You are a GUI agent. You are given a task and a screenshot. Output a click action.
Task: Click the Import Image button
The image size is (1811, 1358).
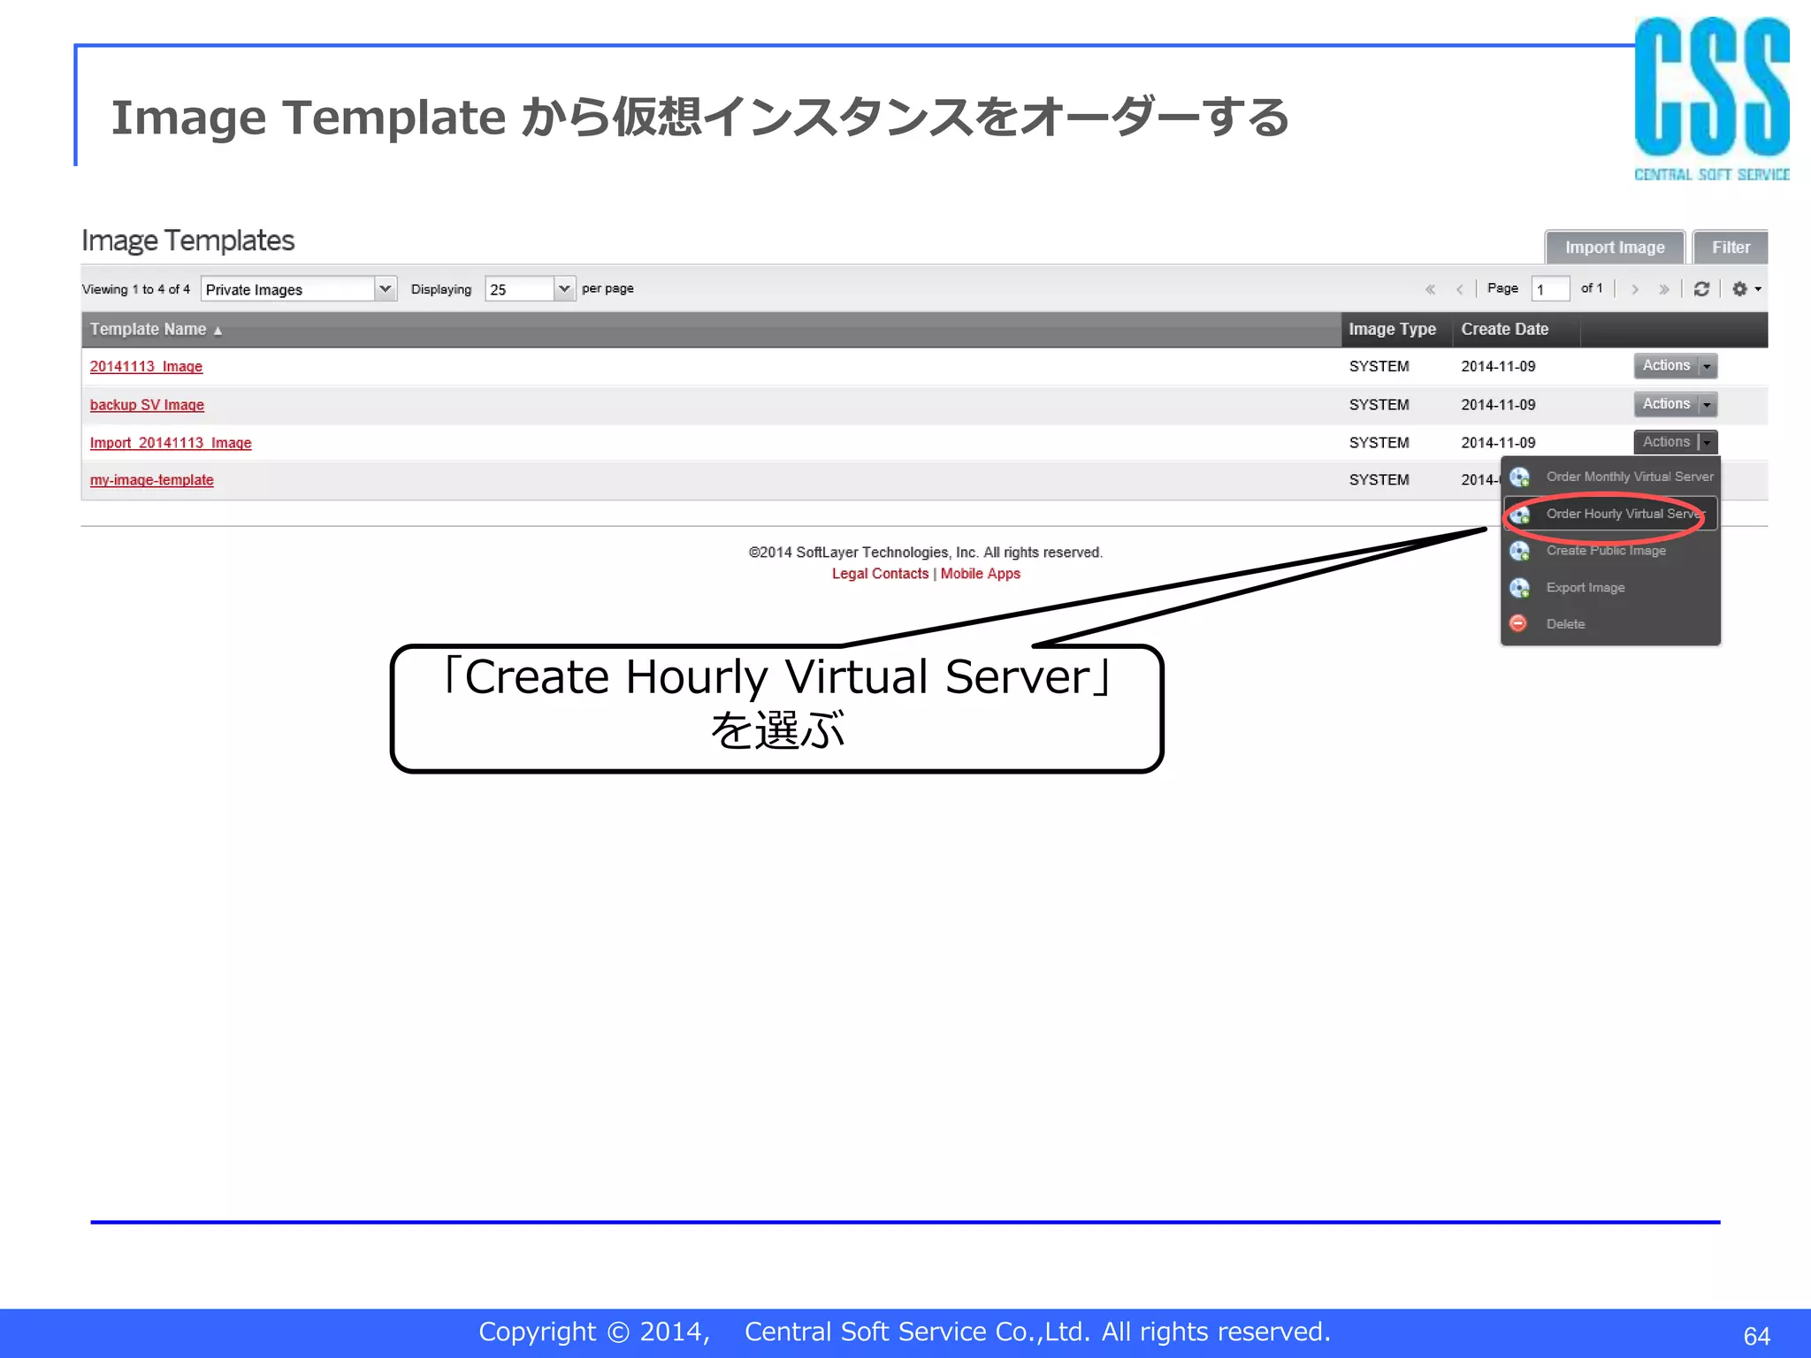point(1614,248)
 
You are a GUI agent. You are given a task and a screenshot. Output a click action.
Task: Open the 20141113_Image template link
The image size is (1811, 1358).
point(146,366)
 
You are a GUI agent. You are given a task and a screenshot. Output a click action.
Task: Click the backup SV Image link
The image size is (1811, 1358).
point(147,405)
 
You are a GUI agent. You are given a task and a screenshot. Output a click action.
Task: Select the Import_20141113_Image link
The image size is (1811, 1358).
point(171,443)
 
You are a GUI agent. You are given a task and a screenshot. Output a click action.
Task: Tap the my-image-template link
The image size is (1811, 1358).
point(151,480)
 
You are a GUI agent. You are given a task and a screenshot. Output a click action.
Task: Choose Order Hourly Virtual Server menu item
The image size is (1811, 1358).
point(1623,514)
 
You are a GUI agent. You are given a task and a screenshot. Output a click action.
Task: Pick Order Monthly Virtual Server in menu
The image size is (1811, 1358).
point(1629,477)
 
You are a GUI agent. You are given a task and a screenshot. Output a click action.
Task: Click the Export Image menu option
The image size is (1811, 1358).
point(1585,588)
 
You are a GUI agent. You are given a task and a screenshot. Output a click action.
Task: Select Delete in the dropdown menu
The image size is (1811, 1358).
point(1565,624)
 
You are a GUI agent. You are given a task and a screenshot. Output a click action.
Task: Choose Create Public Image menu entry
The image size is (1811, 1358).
point(1605,551)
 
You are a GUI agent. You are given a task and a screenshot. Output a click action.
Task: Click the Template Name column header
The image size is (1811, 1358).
point(149,330)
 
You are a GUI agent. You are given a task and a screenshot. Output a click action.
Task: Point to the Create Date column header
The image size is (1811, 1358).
point(1504,330)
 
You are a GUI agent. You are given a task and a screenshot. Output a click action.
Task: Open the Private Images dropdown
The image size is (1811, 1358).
point(298,289)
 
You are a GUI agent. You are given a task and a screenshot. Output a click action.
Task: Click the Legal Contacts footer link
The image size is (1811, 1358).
point(880,574)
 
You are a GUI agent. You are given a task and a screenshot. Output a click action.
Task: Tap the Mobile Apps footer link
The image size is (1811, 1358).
point(980,574)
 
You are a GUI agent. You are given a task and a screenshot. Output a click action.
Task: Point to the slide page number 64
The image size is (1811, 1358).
point(1756,1335)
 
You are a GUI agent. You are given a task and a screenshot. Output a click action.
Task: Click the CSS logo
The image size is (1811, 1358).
point(1711,97)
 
